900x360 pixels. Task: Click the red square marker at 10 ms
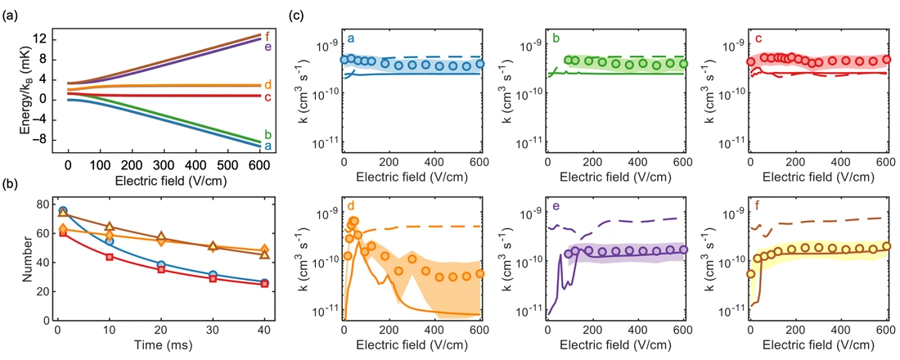[108, 257]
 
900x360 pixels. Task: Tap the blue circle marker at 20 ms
[161, 265]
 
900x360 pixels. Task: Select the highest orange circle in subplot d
[353, 221]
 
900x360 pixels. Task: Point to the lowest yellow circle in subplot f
[751, 274]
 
